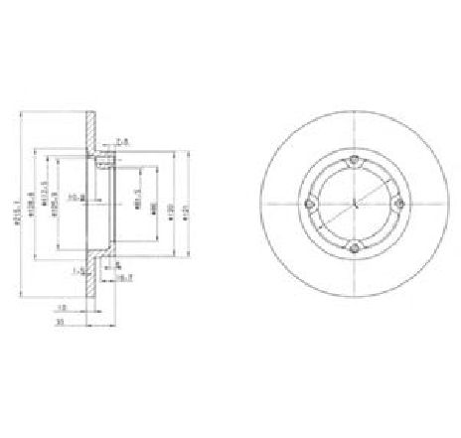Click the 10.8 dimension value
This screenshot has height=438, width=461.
(87, 199)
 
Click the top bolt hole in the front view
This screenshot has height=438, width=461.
(356, 160)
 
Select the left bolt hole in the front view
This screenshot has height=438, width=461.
(311, 205)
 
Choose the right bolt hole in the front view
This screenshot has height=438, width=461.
(399, 205)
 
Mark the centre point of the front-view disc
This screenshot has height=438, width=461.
(356, 205)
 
